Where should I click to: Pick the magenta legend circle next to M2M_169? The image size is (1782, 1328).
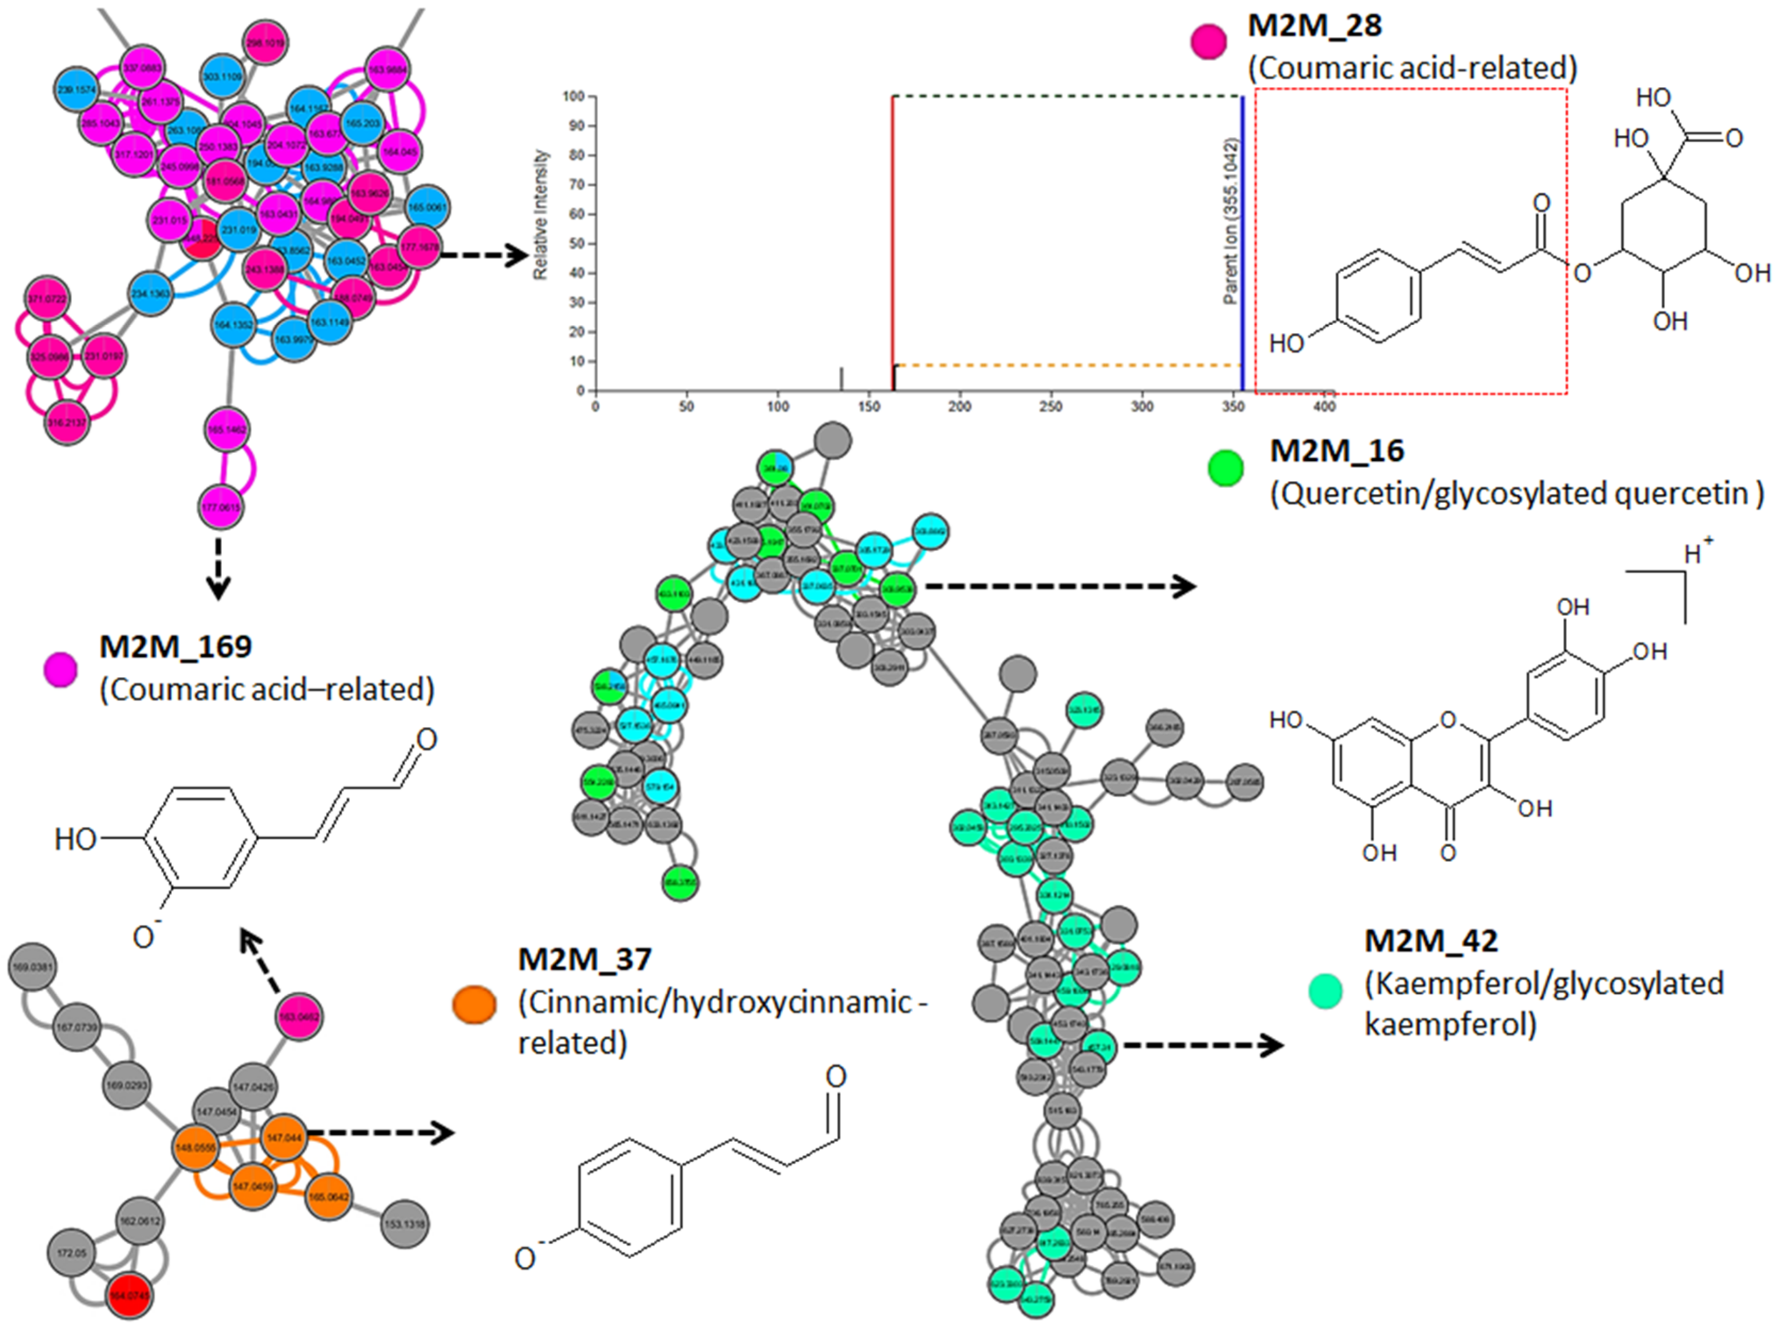pos(60,670)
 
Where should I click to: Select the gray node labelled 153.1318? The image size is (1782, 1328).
pos(405,1224)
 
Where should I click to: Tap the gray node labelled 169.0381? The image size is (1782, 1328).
pos(32,967)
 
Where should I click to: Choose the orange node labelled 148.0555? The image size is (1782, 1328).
pos(197,1148)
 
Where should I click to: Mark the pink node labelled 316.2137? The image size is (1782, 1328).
pos(67,422)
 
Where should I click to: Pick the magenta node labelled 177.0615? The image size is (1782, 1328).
pos(221,507)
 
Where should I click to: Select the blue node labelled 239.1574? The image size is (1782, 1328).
pos(77,90)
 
